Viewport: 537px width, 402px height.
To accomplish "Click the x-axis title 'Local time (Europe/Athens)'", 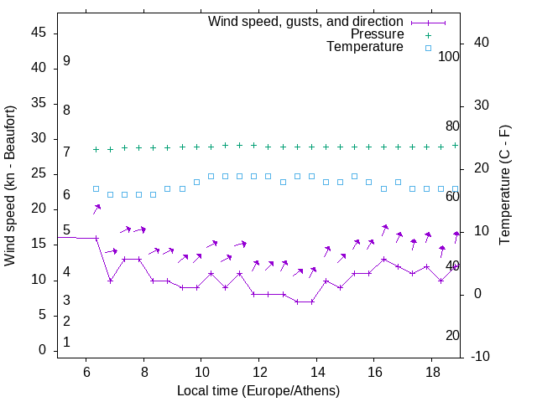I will tap(258, 391).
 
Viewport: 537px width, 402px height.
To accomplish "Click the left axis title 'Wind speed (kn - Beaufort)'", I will tap(10, 186).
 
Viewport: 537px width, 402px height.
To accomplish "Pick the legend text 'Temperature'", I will tap(365, 48).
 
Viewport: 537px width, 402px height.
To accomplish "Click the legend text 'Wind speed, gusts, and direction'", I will tap(305, 21).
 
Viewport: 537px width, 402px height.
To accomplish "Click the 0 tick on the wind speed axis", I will tap(43, 351).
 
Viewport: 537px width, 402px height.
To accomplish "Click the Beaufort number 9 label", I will tap(66, 61).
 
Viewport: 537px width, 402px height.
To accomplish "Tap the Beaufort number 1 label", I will tap(66, 343).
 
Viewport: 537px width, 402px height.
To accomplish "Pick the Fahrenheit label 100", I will tap(449, 56).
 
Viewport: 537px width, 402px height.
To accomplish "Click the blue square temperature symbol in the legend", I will tap(427, 48).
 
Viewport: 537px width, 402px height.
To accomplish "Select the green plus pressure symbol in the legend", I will tap(427, 34).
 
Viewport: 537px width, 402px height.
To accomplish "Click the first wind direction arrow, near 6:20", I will tap(97, 209).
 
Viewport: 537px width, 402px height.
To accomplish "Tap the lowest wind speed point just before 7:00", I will tap(110, 281).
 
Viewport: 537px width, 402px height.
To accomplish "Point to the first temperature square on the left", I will tap(96, 188).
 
